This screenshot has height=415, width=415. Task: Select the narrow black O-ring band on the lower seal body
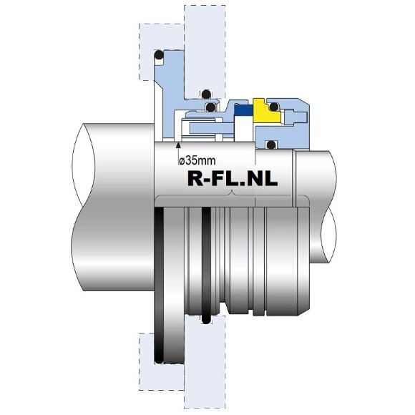pyautogui.click(x=206, y=265)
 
